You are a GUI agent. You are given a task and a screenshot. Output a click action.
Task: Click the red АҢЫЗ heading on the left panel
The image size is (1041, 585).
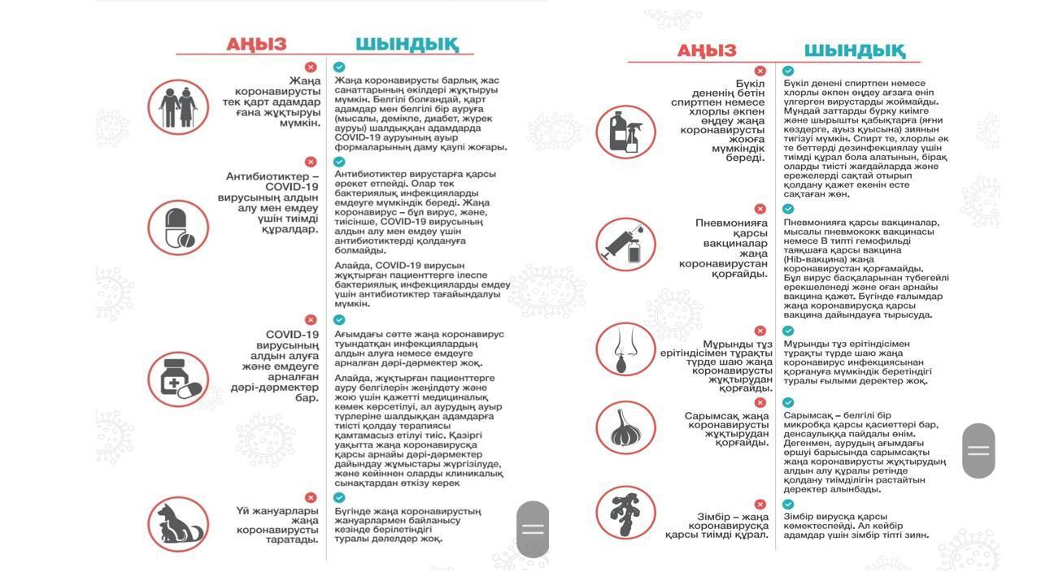pyautogui.click(x=256, y=44)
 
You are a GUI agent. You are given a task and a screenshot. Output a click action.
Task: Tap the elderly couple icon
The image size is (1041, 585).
pyautogui.click(x=178, y=106)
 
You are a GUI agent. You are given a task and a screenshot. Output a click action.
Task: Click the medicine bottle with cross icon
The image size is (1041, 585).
pyautogui.click(x=178, y=379)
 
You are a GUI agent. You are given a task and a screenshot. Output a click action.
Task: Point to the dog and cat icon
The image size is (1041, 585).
pyautogui.click(x=178, y=524)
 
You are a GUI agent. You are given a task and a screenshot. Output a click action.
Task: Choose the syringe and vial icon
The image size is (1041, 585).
pyautogui.click(x=626, y=245)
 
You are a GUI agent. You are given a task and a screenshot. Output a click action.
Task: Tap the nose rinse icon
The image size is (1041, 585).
pyautogui.click(x=626, y=349)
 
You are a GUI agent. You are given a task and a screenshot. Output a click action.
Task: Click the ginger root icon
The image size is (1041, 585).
pyautogui.click(x=626, y=513)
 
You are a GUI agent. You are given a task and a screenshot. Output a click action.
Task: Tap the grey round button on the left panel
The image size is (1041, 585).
pyautogui.click(x=533, y=530)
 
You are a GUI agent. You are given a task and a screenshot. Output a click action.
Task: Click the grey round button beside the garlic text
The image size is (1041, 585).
pyautogui.click(x=978, y=450)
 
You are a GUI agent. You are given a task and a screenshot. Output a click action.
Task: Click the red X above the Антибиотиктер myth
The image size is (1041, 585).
pyautogui.click(x=311, y=162)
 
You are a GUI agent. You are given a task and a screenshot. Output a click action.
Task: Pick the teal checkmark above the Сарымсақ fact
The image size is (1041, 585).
pyautogui.click(x=788, y=402)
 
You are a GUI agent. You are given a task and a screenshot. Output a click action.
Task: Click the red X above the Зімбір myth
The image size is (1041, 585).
pyautogui.click(x=760, y=504)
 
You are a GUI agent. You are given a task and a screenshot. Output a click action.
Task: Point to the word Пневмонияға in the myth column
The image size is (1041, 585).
pyautogui.click(x=731, y=223)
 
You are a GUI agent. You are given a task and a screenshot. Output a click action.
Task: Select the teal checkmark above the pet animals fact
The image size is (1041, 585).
pyautogui.click(x=339, y=497)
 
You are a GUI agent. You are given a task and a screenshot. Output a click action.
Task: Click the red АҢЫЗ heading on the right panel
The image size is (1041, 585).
pyautogui.click(x=706, y=51)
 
